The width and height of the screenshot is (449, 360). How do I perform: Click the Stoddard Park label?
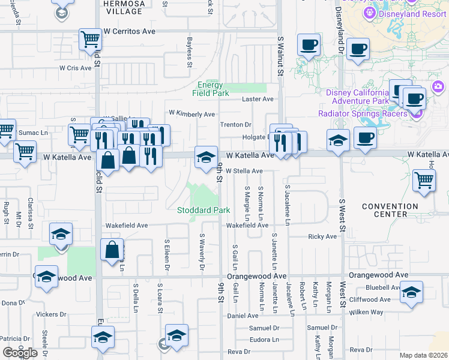click(203, 211)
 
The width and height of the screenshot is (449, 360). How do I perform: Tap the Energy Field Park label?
click(210, 89)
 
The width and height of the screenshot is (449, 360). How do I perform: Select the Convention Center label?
click(390, 211)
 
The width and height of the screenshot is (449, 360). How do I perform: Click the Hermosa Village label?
click(124, 7)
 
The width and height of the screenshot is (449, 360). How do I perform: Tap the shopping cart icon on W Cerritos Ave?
click(90, 40)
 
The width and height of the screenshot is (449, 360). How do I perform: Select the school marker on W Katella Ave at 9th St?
click(206, 157)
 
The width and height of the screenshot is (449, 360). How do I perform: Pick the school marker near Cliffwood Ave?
click(412, 292)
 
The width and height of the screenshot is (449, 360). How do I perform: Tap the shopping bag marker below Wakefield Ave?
click(112, 249)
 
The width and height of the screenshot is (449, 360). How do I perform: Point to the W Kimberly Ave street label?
click(191, 113)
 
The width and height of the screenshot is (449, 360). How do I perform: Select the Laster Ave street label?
click(258, 99)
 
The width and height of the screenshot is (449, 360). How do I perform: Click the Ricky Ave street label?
click(322, 236)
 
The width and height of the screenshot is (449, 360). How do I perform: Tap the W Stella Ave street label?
click(245, 170)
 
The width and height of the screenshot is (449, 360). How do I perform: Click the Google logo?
click(20, 352)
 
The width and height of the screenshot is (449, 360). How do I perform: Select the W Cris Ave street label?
click(75, 68)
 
